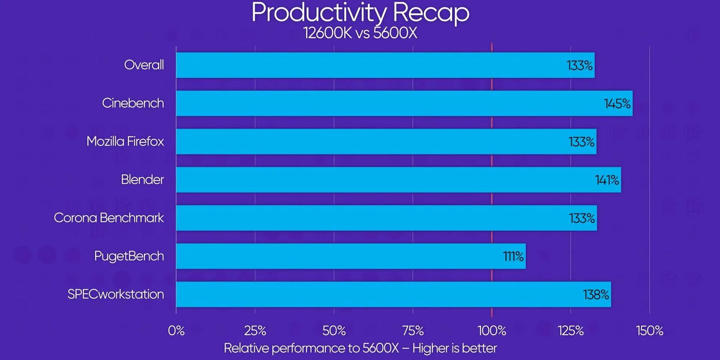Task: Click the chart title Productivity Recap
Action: pyautogui.click(x=360, y=12)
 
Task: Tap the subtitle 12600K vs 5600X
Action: pyautogui.click(x=360, y=33)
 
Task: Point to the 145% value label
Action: pyautogui.click(x=617, y=104)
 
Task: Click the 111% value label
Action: pyautogui.click(x=513, y=257)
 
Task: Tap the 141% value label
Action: pyautogui.click(x=607, y=180)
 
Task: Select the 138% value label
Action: pyautogui.click(x=596, y=295)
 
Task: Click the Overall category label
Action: pyautogui.click(x=144, y=65)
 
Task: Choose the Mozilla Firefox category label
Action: pyautogui.click(x=125, y=141)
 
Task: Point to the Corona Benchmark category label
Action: pyautogui.click(x=109, y=218)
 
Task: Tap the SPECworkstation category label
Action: pyautogui.click(x=116, y=294)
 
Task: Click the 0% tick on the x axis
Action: pyautogui.click(x=176, y=331)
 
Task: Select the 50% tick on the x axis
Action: pyautogui.click(x=334, y=331)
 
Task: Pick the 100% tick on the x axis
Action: pyautogui.click(x=492, y=331)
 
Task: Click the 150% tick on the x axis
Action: pyautogui.click(x=649, y=331)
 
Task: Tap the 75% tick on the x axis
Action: pyautogui.click(x=413, y=331)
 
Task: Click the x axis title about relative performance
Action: pyautogui.click(x=360, y=348)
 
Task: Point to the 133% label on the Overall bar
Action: pyautogui.click(x=579, y=66)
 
